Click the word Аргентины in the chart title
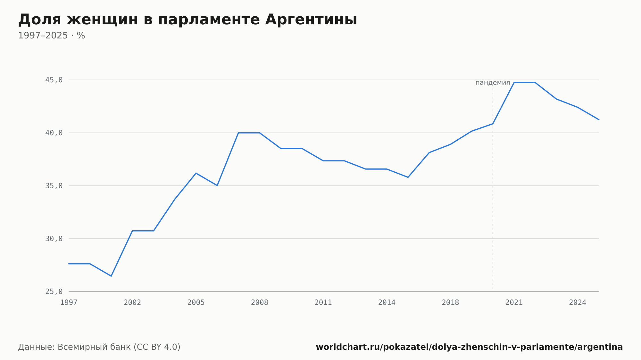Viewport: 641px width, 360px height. (x=311, y=20)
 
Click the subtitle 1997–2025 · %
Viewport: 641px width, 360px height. (x=52, y=36)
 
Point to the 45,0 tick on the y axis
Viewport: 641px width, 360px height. (x=54, y=80)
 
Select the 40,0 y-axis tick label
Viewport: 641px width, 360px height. (x=54, y=133)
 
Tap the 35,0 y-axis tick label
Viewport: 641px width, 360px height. (x=54, y=186)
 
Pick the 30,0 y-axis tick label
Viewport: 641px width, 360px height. (x=54, y=239)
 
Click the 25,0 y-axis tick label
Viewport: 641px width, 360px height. (x=54, y=291)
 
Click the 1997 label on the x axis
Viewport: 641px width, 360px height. (x=69, y=303)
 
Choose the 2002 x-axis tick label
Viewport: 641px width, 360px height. (x=132, y=303)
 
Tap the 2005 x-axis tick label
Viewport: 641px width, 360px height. (x=196, y=303)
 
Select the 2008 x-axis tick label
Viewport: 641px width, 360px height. (x=260, y=303)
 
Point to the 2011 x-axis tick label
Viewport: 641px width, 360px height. (x=323, y=303)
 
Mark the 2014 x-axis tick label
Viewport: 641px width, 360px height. (x=387, y=303)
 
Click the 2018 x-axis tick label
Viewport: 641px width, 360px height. (x=450, y=303)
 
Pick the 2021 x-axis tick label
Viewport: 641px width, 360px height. (x=514, y=303)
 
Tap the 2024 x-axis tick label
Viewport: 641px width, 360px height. (x=578, y=303)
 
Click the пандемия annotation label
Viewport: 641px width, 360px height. (x=493, y=83)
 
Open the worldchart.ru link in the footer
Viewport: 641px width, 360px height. (x=469, y=347)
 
